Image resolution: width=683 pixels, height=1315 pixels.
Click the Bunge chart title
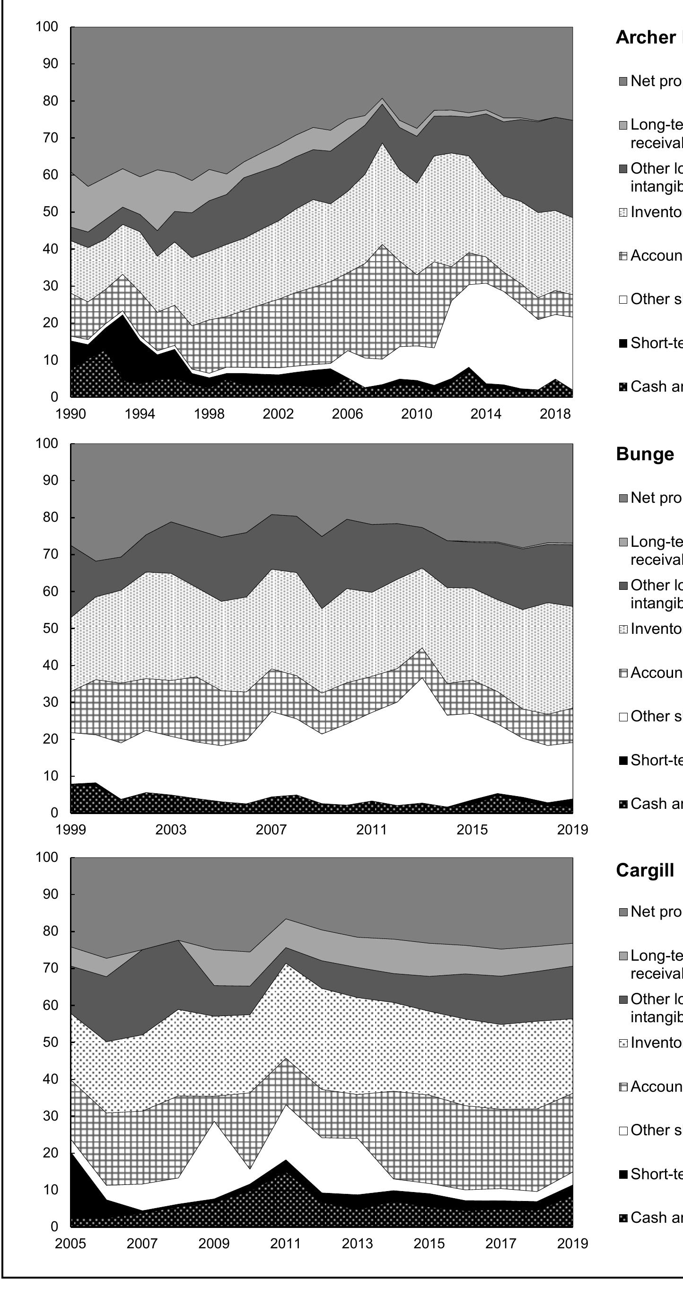point(645,454)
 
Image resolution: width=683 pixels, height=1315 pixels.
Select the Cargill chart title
point(645,870)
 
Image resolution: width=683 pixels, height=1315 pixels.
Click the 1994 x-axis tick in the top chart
point(140,413)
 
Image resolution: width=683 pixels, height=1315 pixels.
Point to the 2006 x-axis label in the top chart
point(347,413)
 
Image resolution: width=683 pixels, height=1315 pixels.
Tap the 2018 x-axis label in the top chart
point(555,413)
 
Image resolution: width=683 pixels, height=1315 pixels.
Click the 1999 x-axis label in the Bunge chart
point(70,830)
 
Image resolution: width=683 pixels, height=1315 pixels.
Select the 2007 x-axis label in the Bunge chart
point(271,830)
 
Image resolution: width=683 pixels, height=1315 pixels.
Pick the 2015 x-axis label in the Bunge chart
point(472,830)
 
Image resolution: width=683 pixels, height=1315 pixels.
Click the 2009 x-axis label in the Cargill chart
point(214,1244)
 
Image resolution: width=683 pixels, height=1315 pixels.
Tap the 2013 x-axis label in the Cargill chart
point(357,1244)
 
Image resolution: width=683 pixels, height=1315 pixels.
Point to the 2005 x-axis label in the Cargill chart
point(70,1244)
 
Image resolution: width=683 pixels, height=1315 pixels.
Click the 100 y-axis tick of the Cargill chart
point(47,857)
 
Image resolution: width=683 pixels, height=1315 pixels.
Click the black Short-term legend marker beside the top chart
point(623,343)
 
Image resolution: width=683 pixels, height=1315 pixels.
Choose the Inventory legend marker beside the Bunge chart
point(623,630)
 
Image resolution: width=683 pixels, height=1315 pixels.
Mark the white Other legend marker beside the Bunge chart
point(623,717)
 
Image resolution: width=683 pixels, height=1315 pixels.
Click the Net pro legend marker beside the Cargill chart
point(623,912)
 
